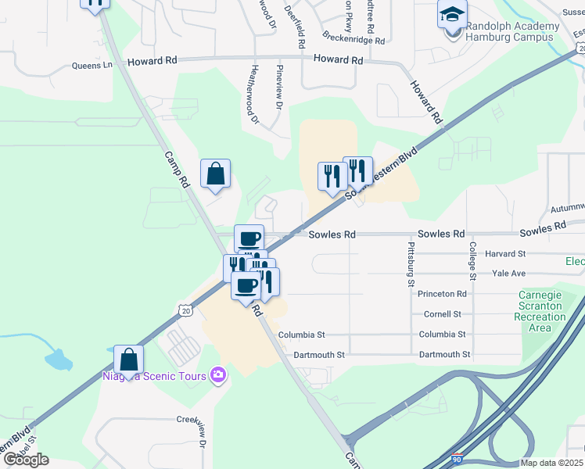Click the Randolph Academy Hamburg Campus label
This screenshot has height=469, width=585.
tap(512, 32)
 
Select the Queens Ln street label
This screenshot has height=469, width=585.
tap(92, 66)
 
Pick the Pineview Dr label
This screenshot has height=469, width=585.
tap(278, 87)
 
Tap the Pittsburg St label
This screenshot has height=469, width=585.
tap(410, 263)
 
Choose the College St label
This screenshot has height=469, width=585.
tap(472, 260)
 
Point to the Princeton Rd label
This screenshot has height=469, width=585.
tap(442, 294)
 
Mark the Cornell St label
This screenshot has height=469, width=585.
tap(442, 314)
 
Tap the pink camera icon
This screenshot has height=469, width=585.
tap(218, 376)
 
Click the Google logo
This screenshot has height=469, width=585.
tap(26, 460)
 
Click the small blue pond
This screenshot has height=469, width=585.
tap(57, 360)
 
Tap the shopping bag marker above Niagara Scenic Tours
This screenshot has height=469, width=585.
tap(129, 360)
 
